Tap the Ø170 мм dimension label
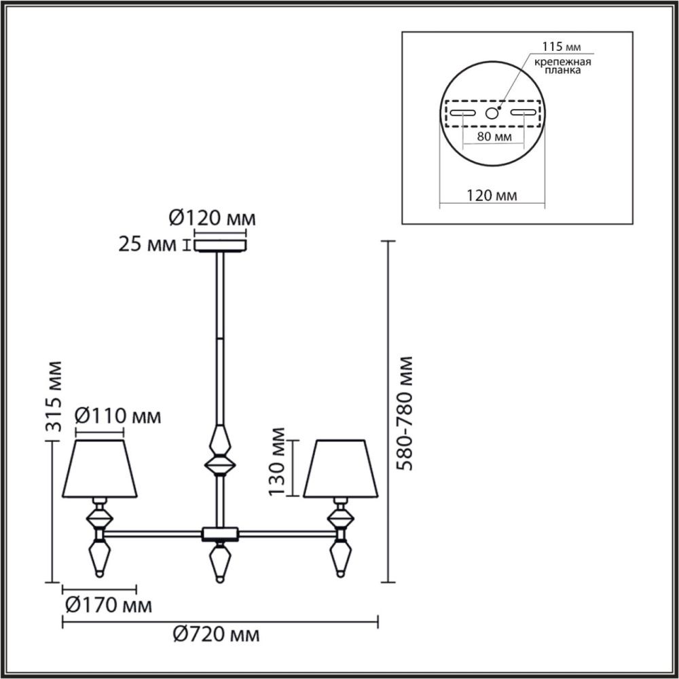pos(108,604)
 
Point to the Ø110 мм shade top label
pos(117,416)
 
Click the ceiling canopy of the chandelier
pos(221,243)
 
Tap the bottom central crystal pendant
pos(219,562)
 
